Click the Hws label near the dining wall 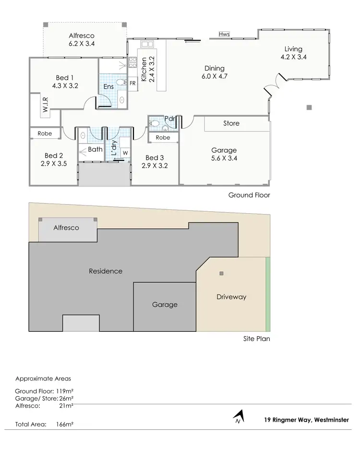tap(224, 34)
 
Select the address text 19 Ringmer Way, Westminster tap(306, 419)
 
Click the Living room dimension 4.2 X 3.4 tap(293, 57)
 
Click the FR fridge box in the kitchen tap(132, 83)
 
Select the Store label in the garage tap(231, 123)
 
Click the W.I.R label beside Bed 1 tap(44, 110)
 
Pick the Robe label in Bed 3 tap(163, 137)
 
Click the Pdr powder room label tap(169, 118)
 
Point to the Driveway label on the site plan tap(231, 297)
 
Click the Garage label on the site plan tap(165, 304)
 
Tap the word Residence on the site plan tap(106, 271)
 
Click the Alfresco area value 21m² tap(66, 406)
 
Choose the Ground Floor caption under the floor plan tap(249, 195)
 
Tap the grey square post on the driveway tap(221, 274)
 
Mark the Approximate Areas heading tap(43, 378)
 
